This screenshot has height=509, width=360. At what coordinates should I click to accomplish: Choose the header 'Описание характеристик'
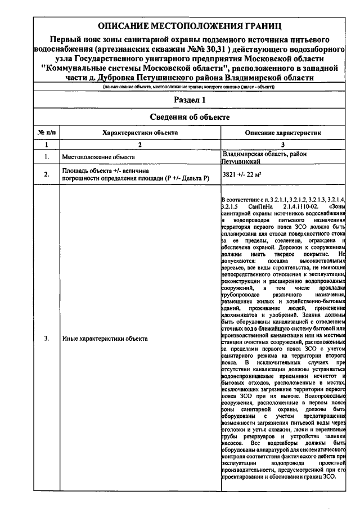tap(283, 133)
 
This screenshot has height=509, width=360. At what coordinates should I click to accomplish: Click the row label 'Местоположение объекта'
tap(98, 157)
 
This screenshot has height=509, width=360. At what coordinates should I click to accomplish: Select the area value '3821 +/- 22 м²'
tap(242, 175)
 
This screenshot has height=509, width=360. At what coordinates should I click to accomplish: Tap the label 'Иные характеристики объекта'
tap(105, 339)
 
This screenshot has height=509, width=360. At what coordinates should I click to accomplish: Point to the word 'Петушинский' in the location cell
tap(240, 161)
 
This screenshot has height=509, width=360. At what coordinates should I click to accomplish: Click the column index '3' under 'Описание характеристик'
tap(283, 145)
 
